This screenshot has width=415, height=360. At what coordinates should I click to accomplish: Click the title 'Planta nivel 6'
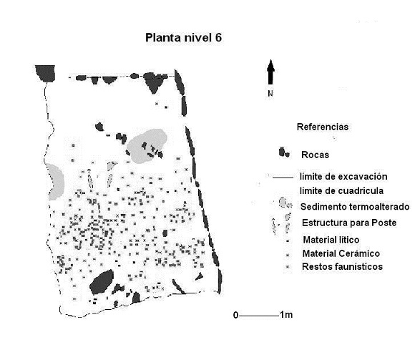[183, 38]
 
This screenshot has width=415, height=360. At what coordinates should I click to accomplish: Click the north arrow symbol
[270, 72]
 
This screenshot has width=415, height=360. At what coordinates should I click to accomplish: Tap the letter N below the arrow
[270, 94]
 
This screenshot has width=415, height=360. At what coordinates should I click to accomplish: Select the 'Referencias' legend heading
[323, 127]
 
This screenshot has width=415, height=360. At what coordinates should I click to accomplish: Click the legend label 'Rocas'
[315, 155]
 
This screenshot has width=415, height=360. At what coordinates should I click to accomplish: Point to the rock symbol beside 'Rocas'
[284, 152]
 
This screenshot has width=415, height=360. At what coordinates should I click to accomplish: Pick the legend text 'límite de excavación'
[343, 177]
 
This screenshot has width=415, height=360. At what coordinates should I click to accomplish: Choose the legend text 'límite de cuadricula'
[341, 191]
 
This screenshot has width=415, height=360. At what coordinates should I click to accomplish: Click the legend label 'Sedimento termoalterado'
[355, 207]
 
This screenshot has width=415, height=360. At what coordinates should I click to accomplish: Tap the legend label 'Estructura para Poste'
[349, 223]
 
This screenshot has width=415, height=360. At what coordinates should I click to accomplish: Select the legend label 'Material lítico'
[331, 240]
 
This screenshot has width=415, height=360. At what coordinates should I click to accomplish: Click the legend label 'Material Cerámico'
[341, 253]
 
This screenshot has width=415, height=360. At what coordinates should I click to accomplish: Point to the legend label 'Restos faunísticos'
[342, 266]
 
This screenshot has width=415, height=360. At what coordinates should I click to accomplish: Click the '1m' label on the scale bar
[286, 315]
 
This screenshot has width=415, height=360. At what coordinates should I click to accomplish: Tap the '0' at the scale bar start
[236, 315]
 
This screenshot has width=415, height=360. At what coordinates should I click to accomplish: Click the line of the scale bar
[259, 316]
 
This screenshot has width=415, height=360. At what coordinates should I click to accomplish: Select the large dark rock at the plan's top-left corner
[45, 73]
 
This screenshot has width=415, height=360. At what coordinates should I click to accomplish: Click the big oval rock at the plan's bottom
[102, 282]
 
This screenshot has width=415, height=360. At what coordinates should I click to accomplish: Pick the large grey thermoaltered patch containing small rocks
[147, 145]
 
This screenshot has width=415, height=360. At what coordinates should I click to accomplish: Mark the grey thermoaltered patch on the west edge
[55, 182]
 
